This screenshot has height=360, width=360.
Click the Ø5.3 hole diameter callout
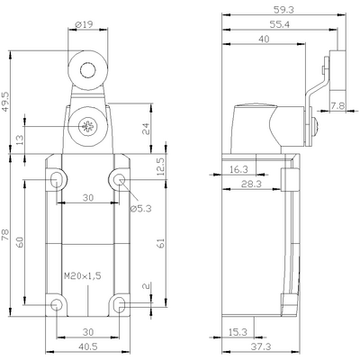click(141, 209)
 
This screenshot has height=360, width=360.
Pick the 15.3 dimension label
click(237, 332)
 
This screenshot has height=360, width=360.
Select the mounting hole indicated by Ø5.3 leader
click(118, 179)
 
